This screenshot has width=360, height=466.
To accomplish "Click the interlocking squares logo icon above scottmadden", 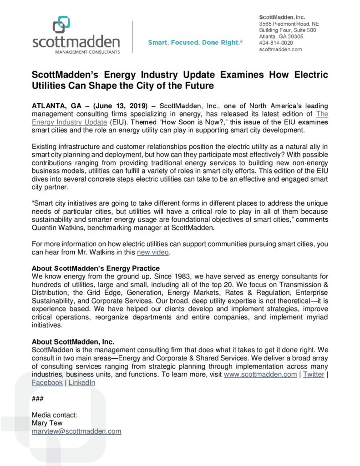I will tap(61, 25).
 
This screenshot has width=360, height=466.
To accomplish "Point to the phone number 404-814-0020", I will tap(276, 43).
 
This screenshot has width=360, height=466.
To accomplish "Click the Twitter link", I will tap(314, 375).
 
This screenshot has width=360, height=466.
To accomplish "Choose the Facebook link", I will tap(47, 383).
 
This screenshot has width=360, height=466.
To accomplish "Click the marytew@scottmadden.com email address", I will tap(76, 431).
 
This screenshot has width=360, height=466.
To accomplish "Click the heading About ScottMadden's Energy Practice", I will tap(96, 268).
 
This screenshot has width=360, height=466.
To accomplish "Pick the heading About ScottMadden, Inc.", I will tap(73, 342).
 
